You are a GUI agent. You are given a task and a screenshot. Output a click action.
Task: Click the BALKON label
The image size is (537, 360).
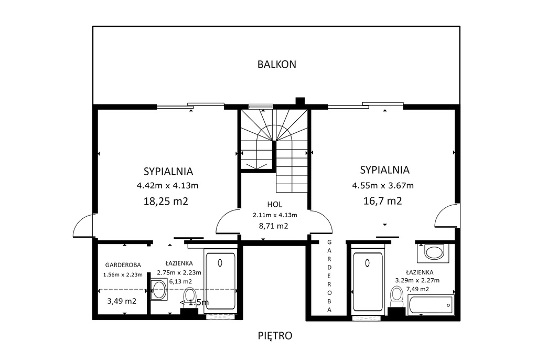coord(277,65)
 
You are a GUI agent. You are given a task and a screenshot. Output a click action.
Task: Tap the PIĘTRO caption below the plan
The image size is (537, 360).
coord(275,335)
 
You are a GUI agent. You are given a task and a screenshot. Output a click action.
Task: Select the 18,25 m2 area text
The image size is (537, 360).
coord(166,201)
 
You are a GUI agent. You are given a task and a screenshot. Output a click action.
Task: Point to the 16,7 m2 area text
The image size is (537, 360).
coord(382,200)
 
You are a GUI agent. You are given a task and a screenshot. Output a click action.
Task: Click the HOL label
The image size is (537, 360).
coord(275,205)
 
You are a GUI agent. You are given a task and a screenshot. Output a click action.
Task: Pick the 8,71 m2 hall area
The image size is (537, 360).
coord(273,226)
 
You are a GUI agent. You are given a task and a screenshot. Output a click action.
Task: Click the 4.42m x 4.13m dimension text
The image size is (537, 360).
coord(167,186)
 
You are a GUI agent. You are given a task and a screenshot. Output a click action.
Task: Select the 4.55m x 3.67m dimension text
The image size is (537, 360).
coord(383,186)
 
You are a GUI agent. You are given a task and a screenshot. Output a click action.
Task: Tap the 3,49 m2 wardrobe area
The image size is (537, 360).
coord(122,301)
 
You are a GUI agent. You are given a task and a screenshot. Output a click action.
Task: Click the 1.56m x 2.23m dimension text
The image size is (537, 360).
coord(123,274)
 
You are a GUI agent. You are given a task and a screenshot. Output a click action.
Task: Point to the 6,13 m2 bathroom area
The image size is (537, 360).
coord(180,281)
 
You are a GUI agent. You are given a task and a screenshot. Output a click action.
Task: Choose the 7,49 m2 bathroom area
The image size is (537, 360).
coord(417,289)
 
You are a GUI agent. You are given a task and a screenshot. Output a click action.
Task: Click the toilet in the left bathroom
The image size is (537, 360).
coord(189,297)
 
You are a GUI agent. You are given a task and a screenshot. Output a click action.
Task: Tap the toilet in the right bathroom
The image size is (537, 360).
coord(397,297)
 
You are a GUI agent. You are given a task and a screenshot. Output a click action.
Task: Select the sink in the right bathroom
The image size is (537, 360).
coord(434,253)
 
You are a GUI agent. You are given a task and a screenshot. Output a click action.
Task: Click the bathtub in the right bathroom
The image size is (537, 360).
coord(430,304)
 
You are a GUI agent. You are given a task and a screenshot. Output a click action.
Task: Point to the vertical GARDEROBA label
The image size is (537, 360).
coord(329,276)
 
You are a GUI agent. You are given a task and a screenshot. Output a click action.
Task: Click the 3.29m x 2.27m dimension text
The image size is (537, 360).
coord(417,280)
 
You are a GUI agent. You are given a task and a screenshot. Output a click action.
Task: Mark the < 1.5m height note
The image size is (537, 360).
coord(194,302)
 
